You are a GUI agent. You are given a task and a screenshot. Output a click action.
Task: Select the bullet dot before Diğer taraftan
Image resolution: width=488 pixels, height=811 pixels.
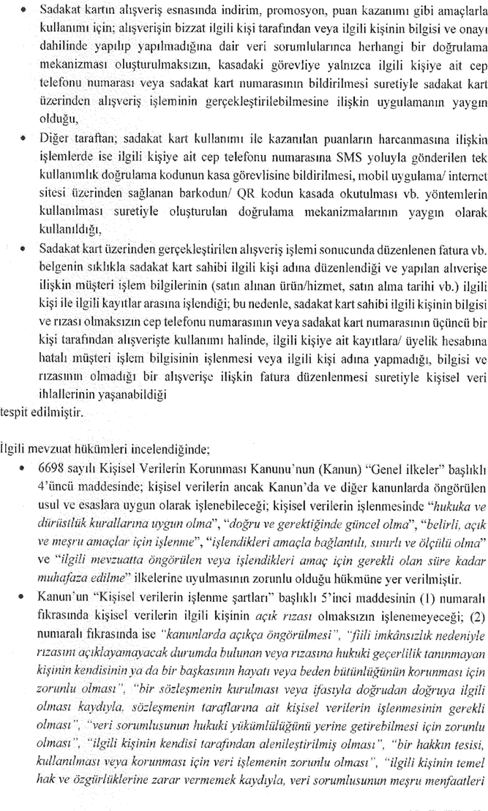(25, 137)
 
